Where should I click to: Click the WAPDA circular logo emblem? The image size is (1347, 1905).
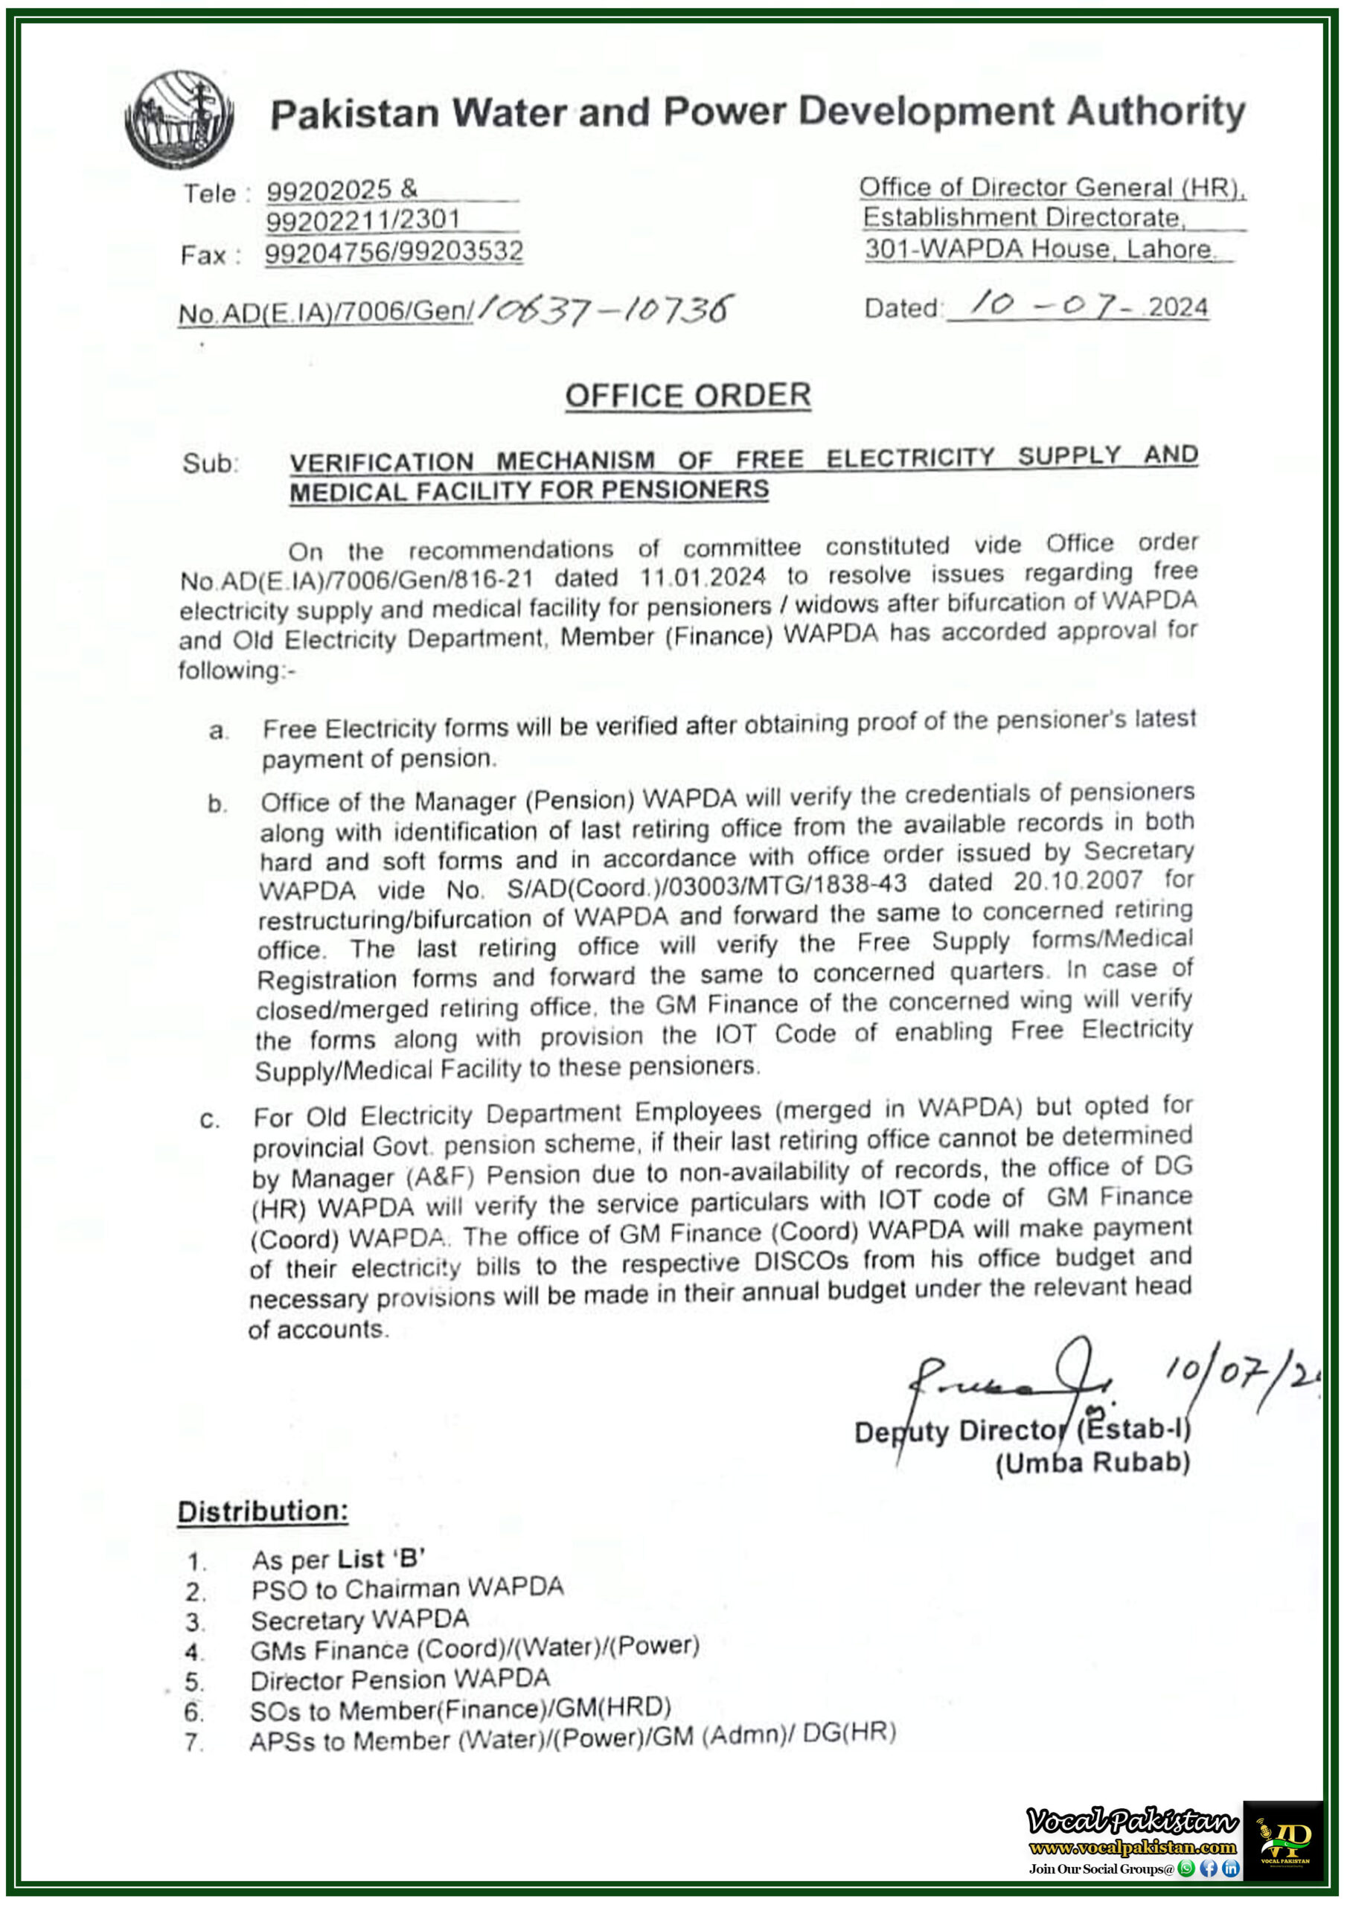tap(179, 118)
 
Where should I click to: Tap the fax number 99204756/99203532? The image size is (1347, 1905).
tap(394, 252)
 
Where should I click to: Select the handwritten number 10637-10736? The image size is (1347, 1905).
tap(606, 310)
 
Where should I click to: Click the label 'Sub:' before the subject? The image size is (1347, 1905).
tap(210, 463)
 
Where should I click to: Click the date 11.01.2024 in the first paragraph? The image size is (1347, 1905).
tap(702, 575)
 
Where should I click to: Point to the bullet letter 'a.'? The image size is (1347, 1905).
tap(218, 731)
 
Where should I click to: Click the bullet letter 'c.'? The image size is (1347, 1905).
tap(210, 1121)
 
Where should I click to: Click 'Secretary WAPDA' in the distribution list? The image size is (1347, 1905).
tap(359, 1619)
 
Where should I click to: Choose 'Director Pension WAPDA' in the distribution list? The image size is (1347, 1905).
tap(400, 1680)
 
